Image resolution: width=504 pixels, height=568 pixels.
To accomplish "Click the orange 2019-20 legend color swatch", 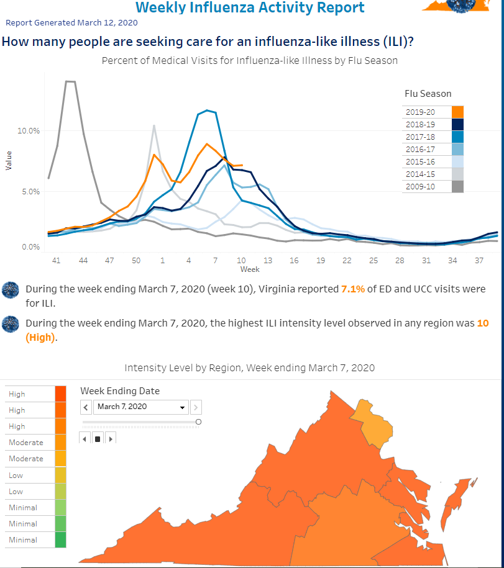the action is (457, 112).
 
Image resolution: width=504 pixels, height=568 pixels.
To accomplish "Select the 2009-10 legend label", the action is (420, 187).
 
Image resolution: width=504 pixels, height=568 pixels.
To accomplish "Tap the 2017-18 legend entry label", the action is (420, 137).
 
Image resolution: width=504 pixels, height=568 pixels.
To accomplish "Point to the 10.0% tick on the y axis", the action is (29, 131).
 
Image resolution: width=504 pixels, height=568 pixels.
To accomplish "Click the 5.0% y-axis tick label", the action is (31, 192).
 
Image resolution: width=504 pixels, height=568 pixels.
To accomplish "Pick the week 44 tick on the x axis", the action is (83, 261).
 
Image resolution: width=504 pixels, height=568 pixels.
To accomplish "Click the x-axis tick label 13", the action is (268, 261).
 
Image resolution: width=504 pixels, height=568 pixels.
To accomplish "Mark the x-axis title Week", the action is (250, 269).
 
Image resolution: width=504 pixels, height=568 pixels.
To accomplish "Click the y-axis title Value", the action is (9, 161).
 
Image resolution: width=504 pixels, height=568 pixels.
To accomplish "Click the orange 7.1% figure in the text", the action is (353, 289).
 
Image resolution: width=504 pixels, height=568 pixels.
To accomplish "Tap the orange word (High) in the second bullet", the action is (40, 338).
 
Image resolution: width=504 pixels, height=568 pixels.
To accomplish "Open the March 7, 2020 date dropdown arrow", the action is (182, 407).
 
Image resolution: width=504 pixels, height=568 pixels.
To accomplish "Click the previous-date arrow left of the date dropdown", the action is (86, 407).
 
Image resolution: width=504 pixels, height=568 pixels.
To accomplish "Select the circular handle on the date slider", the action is (198, 422).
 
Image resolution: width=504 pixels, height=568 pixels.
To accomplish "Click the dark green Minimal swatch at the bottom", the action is (60, 539).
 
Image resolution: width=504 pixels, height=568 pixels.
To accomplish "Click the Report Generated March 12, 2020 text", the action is (71, 22).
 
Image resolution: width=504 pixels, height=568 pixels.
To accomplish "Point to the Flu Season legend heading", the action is (428, 94).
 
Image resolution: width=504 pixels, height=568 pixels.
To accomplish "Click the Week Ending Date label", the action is (120, 391).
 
